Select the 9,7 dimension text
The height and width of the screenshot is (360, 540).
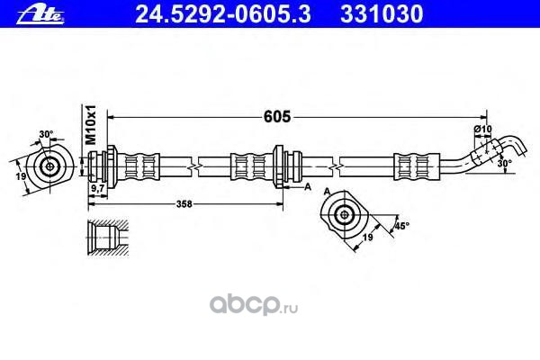tap(96, 190)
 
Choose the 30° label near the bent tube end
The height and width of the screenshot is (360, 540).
tap(505, 164)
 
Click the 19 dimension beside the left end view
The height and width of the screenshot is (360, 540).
tap(20, 178)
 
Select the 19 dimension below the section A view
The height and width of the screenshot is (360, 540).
tap(368, 238)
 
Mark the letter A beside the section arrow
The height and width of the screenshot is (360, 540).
tap(308, 187)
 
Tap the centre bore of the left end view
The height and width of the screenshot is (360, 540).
tap(48, 166)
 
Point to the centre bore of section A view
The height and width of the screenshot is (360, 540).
tap(345, 213)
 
